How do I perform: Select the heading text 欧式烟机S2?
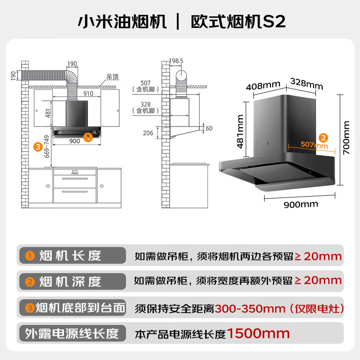238,21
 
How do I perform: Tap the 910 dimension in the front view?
88,94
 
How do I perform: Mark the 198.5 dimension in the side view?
177,60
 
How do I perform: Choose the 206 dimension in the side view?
148,133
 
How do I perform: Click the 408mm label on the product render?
263,85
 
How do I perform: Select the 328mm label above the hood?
306,83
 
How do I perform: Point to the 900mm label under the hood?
300,204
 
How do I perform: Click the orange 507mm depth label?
315,145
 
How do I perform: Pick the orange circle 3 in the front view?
39,146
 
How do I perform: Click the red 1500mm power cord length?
258,333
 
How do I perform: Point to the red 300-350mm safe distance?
250,308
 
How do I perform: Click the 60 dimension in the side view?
209,129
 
